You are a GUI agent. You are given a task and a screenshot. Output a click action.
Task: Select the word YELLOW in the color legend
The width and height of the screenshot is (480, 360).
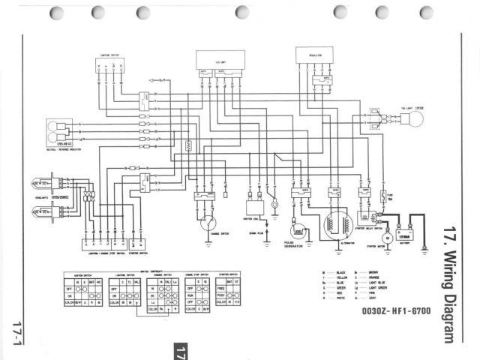[332, 275]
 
